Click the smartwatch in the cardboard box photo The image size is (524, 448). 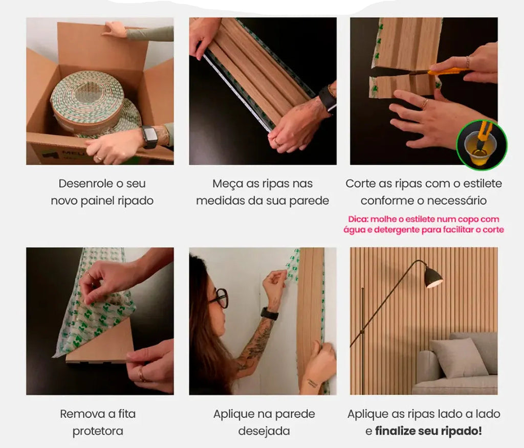tap(150, 137)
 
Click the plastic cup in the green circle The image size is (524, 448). tap(478, 148)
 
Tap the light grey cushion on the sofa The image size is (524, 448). tap(460, 359)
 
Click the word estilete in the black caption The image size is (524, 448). tap(482, 184)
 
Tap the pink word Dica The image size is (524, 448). tap(358, 219)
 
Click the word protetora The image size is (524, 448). tap(98, 431)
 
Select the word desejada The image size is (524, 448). tap(264, 431)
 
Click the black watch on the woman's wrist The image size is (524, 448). tap(269, 313)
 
